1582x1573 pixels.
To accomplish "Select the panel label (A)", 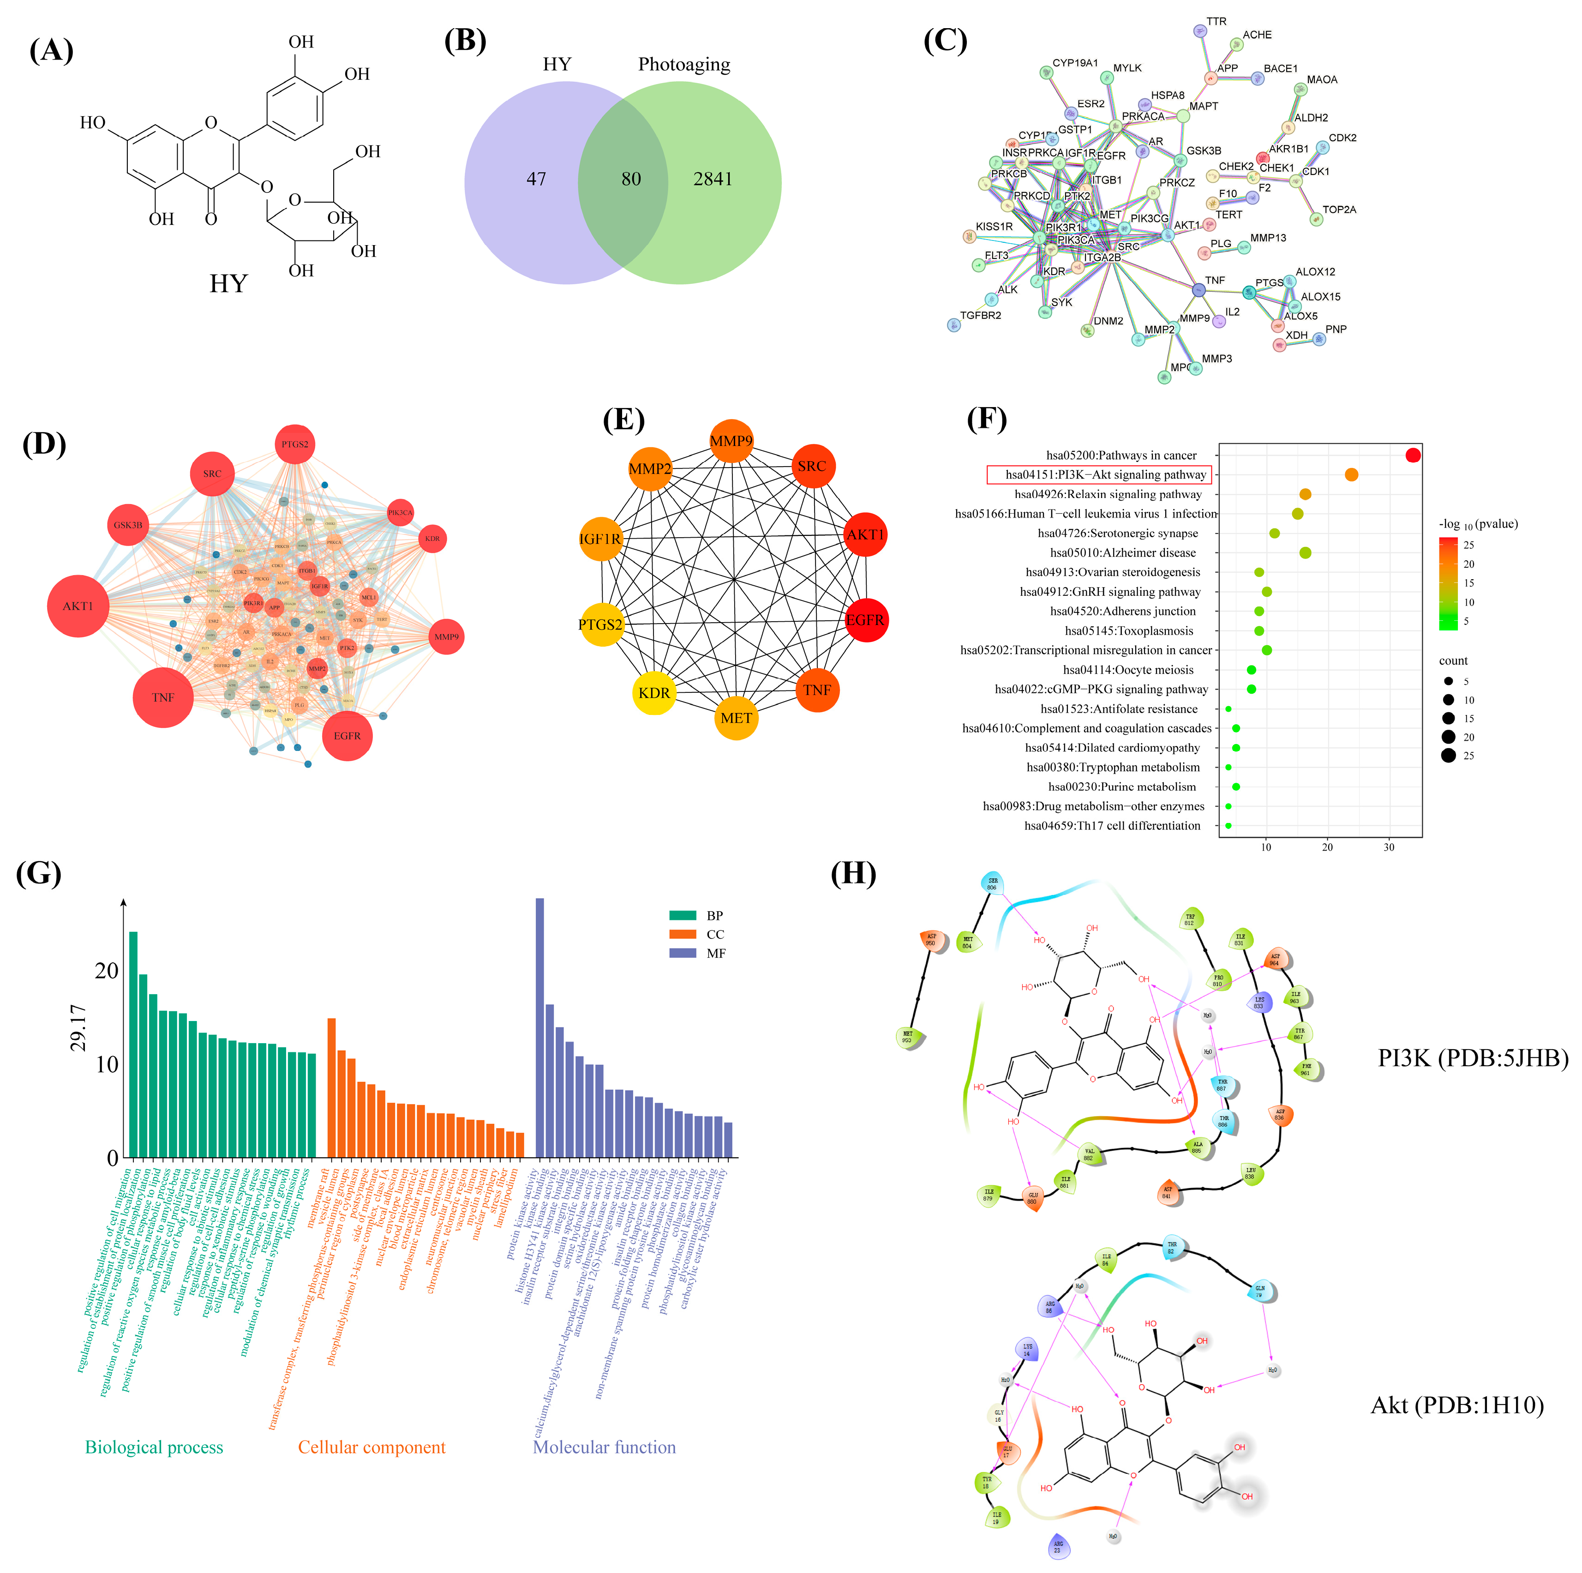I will click(51, 51).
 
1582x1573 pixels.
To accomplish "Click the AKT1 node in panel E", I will click(865, 534).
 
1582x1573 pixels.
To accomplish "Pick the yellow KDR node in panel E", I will click(653, 693).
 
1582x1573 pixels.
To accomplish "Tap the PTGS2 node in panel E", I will click(600, 624).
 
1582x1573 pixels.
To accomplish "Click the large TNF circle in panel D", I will click(163, 698).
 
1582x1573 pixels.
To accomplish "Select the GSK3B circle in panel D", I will click(128, 525).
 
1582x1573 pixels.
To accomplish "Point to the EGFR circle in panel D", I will click(347, 735).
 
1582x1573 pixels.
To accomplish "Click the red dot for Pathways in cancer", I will click(1413, 455).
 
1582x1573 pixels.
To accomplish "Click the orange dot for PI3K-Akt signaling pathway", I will click(1351, 475).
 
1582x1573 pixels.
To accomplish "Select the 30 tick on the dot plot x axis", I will click(1389, 847).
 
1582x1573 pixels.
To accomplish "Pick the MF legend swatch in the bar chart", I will click(682, 953).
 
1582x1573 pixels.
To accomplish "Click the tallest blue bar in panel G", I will click(539, 1027).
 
